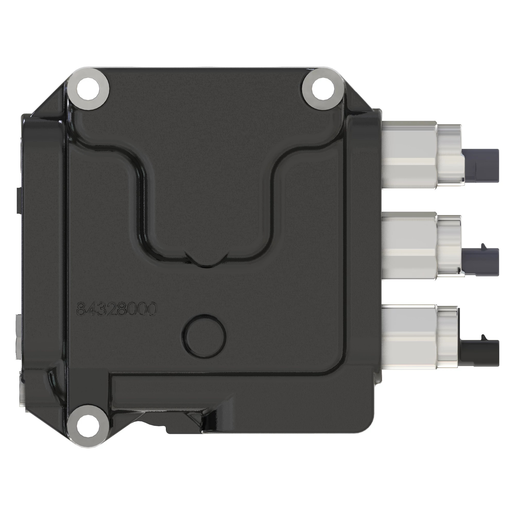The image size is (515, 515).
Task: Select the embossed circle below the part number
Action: (204, 334)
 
